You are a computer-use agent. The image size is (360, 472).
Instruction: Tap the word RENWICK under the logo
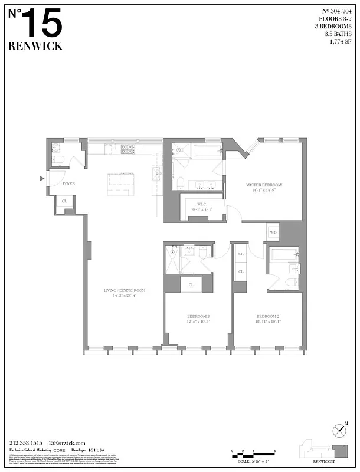(35, 47)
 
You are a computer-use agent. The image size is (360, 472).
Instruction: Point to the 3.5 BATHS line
(338, 34)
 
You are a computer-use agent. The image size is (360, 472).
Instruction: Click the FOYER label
(68, 184)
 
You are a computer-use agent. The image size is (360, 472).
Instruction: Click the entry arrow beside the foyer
(42, 178)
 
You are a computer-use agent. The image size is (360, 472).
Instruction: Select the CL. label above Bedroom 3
(191, 284)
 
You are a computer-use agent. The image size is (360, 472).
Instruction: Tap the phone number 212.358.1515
(27, 443)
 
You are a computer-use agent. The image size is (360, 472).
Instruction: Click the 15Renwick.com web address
(68, 443)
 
